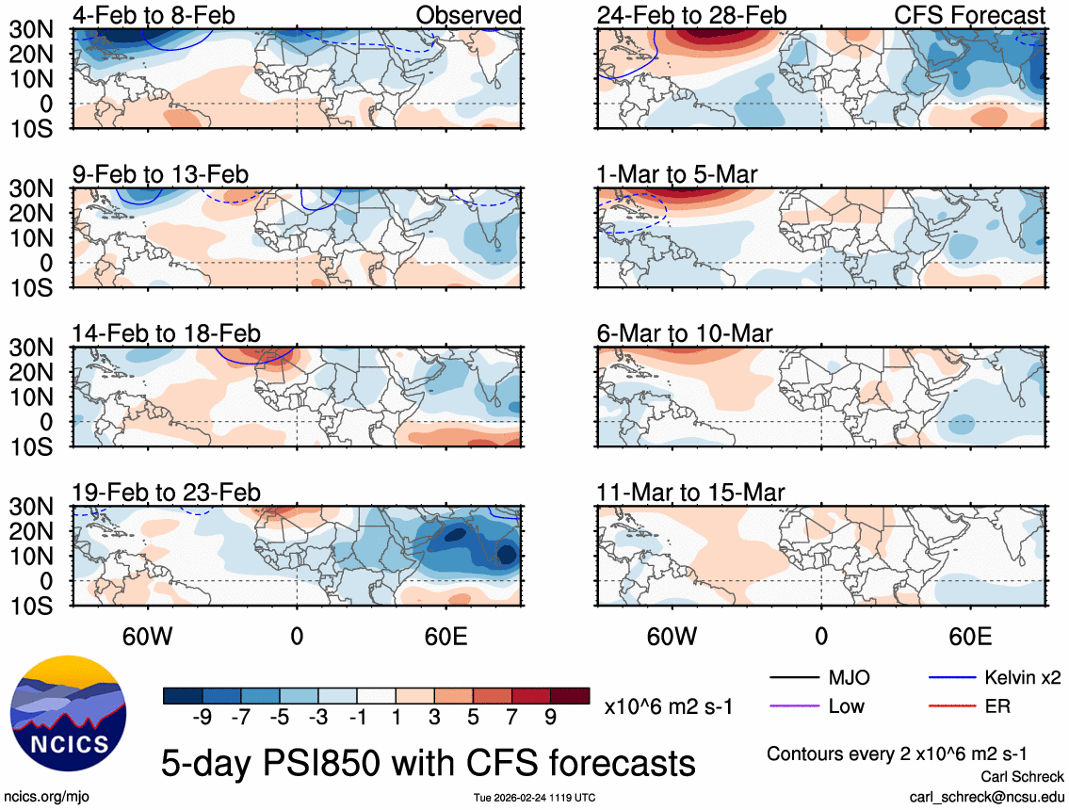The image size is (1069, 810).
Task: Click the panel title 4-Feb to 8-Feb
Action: (154, 15)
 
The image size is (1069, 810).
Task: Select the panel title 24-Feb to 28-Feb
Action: (691, 15)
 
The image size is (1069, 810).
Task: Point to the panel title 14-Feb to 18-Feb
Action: (167, 334)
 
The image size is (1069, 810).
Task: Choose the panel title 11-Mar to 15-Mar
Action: (690, 493)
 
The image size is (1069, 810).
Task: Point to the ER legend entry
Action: (997, 705)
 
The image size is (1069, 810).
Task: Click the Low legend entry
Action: (846, 705)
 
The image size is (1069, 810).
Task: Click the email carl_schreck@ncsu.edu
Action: (986, 797)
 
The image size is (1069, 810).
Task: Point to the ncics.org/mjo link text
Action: (44, 797)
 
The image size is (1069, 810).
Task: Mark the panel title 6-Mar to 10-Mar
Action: (685, 334)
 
